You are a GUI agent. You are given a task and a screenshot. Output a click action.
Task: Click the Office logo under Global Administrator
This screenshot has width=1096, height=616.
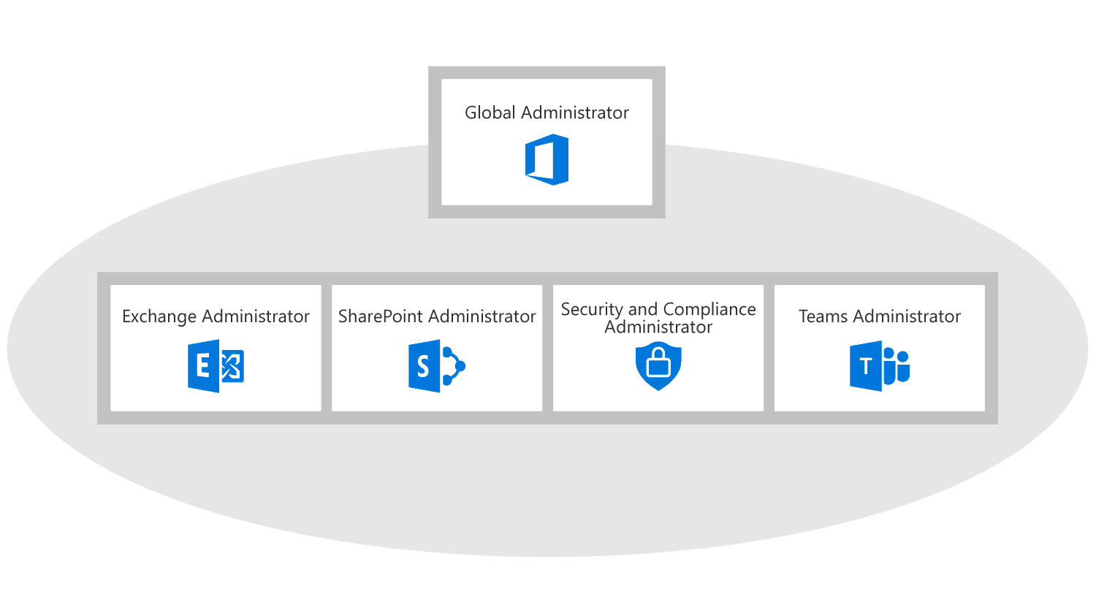[547, 159]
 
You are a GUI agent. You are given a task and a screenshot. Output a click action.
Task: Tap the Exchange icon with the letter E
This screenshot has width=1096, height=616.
[216, 365]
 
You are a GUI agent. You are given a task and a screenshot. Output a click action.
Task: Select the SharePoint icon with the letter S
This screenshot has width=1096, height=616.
[436, 365]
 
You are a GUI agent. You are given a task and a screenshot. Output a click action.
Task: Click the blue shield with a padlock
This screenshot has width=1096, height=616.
[658, 365]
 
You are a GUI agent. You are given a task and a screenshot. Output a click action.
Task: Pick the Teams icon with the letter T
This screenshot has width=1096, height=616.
[879, 365]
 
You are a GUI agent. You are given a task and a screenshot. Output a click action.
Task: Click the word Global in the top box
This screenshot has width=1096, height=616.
[490, 113]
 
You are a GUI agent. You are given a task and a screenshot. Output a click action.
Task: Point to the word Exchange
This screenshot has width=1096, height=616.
[159, 316]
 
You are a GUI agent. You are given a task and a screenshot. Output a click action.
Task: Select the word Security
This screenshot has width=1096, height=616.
[592, 309]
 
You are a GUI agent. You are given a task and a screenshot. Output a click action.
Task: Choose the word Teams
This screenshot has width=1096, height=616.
[823, 316]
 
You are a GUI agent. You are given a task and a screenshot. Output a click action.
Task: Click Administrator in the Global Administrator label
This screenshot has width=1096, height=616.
[575, 113]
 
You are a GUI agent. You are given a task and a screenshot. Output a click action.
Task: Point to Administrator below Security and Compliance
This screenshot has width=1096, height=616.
[658, 327]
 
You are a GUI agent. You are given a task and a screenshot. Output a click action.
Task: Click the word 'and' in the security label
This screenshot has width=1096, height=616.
[643, 309]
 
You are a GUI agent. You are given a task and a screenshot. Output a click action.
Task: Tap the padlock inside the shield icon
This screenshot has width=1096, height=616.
[658, 363]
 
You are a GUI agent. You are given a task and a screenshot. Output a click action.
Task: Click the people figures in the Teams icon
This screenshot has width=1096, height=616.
[897, 367]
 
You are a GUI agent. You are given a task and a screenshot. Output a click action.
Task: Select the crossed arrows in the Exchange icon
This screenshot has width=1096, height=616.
[232, 366]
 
